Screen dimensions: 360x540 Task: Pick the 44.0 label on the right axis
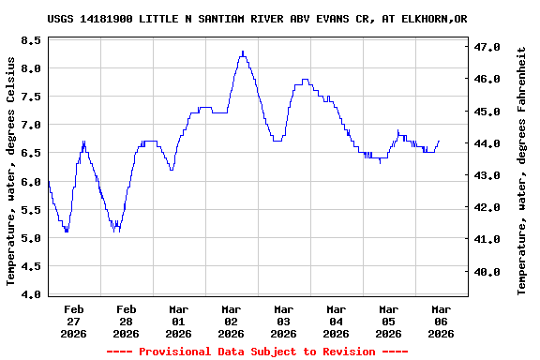pos(487,143)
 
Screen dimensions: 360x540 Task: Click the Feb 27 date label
pos(73,321)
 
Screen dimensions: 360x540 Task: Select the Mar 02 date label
pos(231,321)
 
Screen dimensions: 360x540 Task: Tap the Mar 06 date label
pos(441,321)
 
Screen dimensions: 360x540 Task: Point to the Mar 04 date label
pos(336,321)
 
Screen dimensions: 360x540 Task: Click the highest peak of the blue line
pos(242,52)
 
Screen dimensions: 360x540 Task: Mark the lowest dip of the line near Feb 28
pos(115,231)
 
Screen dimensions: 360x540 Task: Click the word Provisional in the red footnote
pos(175,352)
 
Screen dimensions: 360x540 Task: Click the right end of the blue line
pos(439,141)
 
